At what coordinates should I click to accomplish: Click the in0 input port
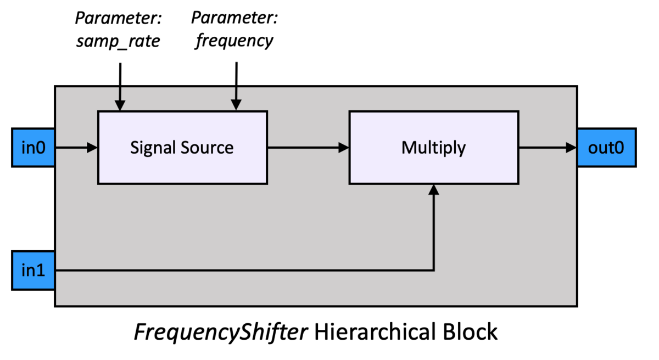click(33, 148)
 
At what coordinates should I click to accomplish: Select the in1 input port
click(33, 270)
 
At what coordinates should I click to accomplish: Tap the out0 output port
click(606, 148)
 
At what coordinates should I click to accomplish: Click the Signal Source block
click(182, 147)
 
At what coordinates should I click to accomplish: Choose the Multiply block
click(433, 147)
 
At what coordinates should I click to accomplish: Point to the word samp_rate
click(118, 41)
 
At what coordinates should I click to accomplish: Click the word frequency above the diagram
click(234, 41)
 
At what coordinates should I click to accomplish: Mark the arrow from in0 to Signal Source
click(76, 147)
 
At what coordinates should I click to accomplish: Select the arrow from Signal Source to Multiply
click(308, 147)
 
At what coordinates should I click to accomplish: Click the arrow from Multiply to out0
click(548, 147)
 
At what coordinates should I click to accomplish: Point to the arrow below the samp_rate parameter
click(120, 86)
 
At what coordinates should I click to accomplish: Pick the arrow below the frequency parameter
click(236, 86)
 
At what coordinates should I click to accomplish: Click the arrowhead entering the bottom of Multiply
click(434, 189)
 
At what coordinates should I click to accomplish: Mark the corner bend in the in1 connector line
click(434, 270)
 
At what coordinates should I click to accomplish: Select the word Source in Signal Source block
click(208, 148)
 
